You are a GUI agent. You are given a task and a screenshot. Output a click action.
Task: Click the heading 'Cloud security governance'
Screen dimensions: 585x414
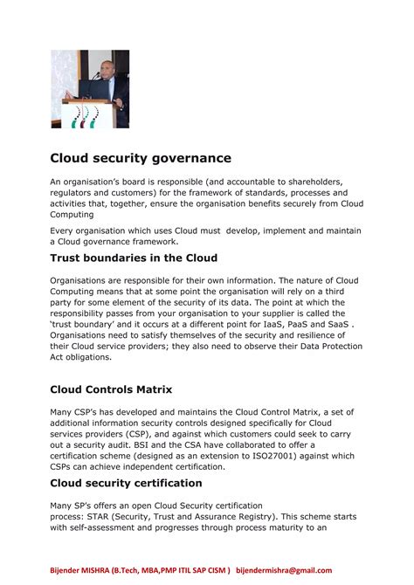(140, 158)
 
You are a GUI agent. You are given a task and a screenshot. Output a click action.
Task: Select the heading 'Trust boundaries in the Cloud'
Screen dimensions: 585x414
(133, 258)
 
